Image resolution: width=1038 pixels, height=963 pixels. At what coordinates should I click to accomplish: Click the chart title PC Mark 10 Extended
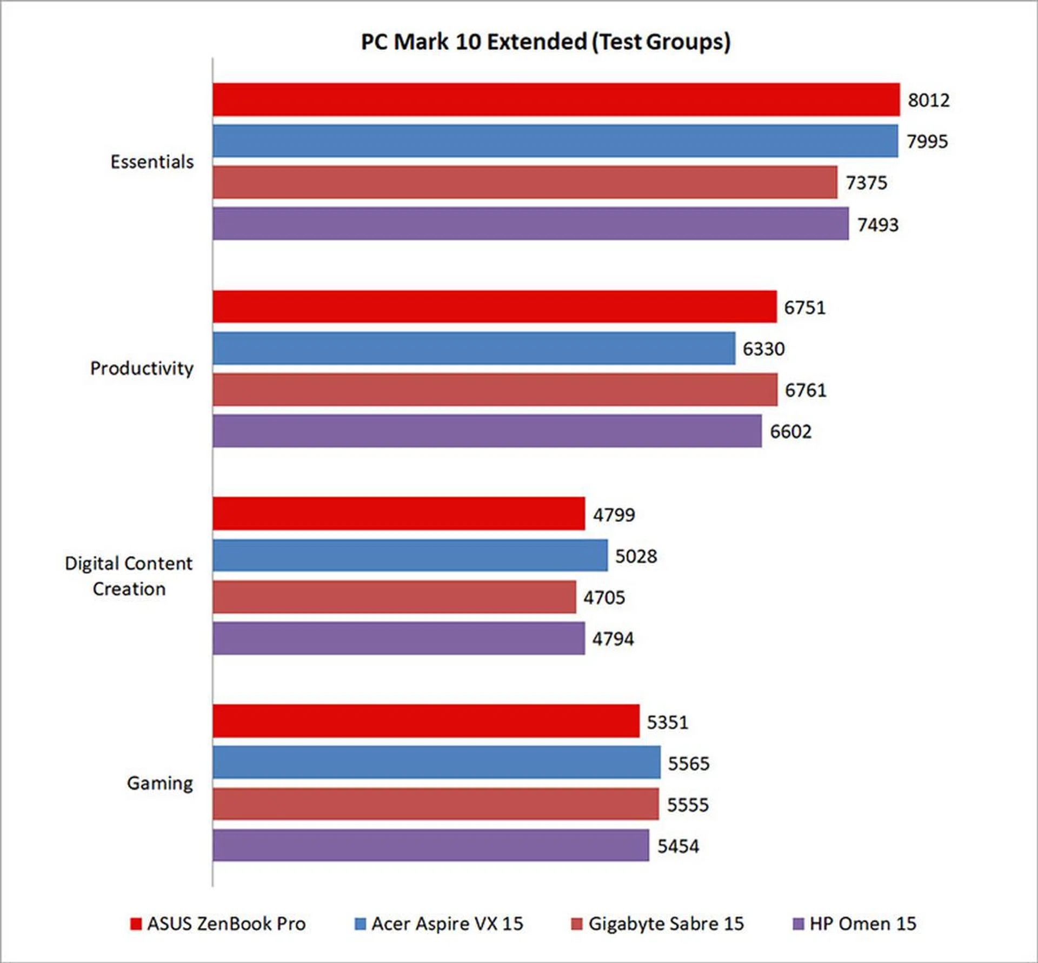tap(545, 42)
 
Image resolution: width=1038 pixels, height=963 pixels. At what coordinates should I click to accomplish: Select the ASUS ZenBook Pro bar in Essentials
tap(556, 99)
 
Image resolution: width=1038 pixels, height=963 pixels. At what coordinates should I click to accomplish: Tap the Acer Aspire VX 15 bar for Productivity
tap(474, 349)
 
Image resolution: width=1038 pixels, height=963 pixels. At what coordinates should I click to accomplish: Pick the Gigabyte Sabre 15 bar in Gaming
tap(435, 804)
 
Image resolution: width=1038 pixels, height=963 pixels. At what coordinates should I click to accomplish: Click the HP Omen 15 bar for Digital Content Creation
tap(398, 638)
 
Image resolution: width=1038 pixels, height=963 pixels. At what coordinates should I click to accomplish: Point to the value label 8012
tap(928, 100)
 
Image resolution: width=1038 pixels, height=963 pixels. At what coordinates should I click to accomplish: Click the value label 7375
tap(866, 183)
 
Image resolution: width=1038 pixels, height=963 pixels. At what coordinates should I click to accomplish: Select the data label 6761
tap(806, 390)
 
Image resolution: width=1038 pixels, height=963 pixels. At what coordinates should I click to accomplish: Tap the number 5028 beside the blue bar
tap(636, 556)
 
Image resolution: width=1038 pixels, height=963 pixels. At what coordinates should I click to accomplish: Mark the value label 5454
tap(678, 846)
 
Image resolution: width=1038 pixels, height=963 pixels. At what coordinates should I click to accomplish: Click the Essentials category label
tap(152, 162)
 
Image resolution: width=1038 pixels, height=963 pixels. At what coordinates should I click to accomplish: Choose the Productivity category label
tap(142, 368)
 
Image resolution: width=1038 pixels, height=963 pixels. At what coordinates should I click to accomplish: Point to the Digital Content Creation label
tap(129, 576)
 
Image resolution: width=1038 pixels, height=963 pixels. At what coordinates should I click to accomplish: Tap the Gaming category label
tap(160, 783)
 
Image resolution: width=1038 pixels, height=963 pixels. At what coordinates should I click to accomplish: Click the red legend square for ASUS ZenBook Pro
tap(136, 924)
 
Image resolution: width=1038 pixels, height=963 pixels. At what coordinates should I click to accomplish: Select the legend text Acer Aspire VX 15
tap(447, 924)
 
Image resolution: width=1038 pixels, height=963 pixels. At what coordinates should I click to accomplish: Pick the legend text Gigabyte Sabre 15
tap(666, 924)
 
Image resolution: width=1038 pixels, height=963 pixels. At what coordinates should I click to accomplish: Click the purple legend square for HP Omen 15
tap(798, 924)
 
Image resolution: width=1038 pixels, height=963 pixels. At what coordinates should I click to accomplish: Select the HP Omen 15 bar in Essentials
tap(530, 224)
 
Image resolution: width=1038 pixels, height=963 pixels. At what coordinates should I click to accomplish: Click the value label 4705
tap(604, 597)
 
